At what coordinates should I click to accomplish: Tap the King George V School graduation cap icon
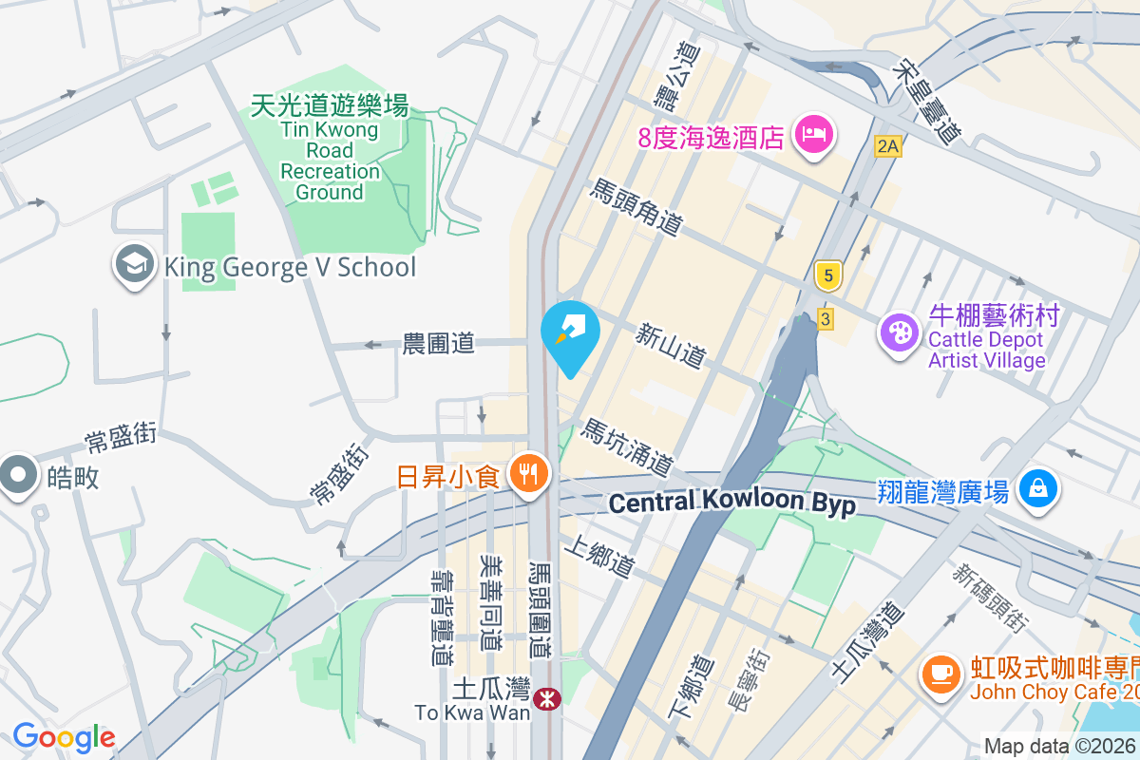point(134,265)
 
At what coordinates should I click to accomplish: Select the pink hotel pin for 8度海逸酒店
point(814,134)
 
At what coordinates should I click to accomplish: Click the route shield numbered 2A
point(887,146)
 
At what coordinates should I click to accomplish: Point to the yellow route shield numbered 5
point(828,276)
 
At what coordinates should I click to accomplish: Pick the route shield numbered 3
point(825,319)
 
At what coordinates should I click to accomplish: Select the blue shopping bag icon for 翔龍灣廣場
point(1038,489)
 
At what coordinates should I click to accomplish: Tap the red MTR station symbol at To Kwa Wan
point(546,700)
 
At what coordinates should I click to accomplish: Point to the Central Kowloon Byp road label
point(731,503)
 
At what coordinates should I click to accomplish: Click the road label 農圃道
point(438,343)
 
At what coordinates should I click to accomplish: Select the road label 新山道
point(672,345)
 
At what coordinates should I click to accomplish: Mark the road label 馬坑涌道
point(628,447)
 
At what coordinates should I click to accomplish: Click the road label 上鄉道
point(598,557)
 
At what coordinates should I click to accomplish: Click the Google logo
point(64,737)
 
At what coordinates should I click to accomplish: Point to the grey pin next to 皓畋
point(18,475)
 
